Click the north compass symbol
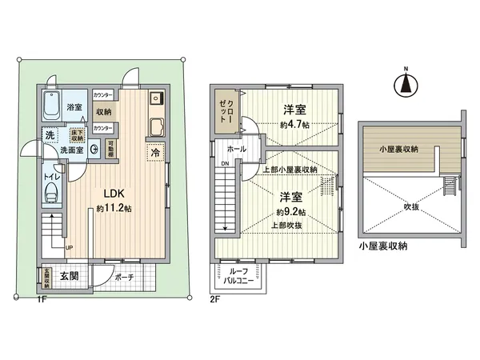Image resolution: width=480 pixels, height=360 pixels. click(406, 82)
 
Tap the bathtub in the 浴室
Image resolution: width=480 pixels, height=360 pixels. click(53, 106)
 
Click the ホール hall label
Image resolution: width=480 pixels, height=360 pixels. click(236, 149)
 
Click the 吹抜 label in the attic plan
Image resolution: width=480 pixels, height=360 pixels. click(410, 204)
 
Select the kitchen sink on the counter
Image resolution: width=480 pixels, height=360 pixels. click(154, 128)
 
